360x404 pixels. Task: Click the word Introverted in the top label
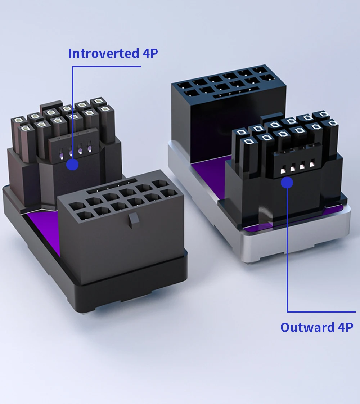point(104,53)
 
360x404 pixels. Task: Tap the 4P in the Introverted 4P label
point(150,53)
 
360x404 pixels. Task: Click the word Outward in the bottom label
point(307,327)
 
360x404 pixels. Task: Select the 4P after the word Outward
point(345,327)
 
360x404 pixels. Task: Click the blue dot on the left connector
point(72,165)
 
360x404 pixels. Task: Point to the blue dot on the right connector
point(287,183)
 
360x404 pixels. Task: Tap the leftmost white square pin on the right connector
point(283,171)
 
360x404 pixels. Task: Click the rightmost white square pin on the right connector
point(312,163)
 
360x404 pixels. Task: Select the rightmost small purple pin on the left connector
point(89,149)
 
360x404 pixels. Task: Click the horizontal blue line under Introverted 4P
point(107,67)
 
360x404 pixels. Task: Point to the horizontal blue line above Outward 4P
point(321,312)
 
